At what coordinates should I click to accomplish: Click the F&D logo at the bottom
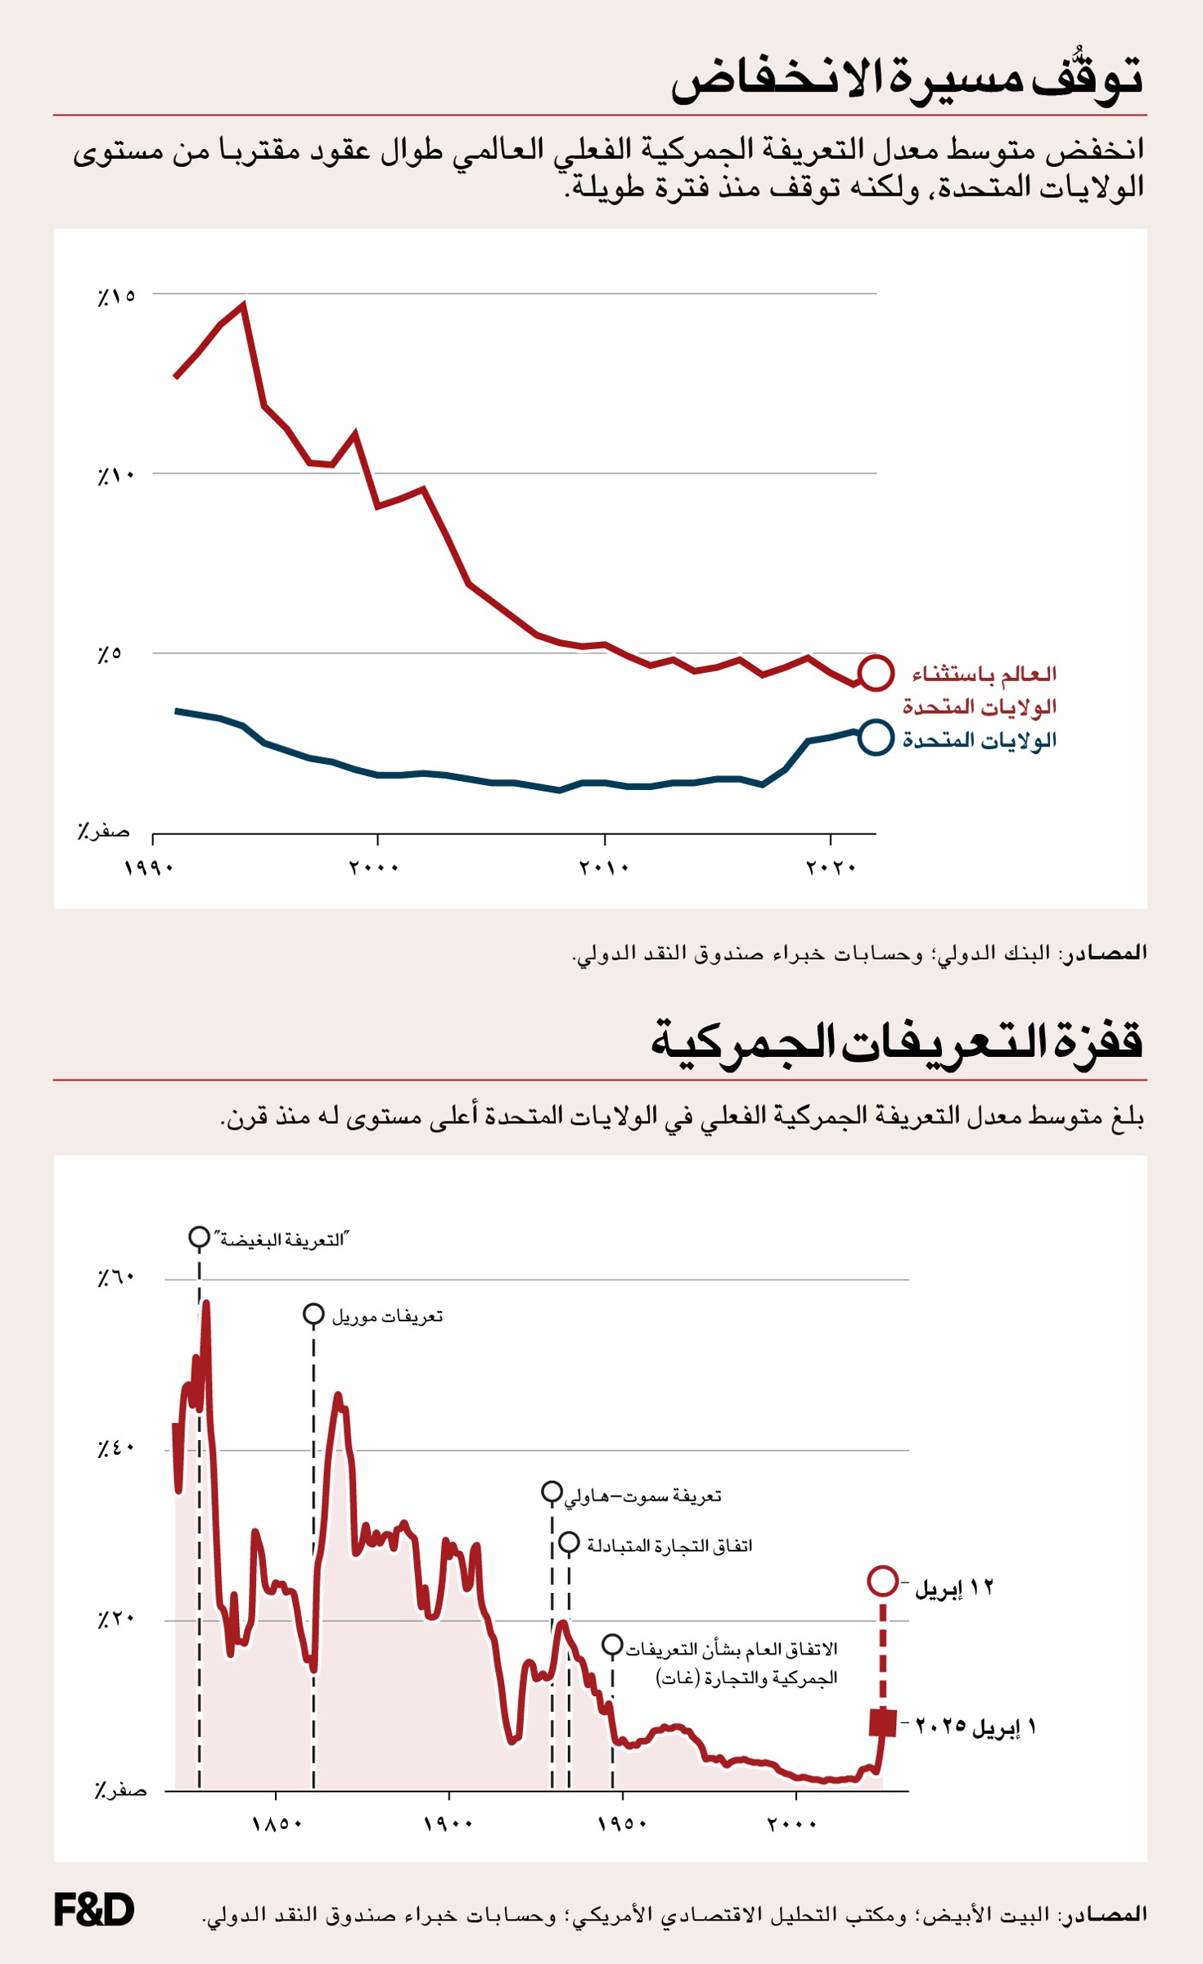pyautogui.click(x=93, y=1909)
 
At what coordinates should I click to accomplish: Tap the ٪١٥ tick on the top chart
pyautogui.click(x=116, y=296)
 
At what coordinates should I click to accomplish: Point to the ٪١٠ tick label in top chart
pyautogui.click(x=116, y=476)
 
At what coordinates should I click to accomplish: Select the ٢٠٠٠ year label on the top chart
pyautogui.click(x=374, y=867)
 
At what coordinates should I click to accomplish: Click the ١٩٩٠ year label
pyautogui.click(x=149, y=867)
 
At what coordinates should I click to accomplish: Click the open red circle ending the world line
pyautogui.click(x=875, y=673)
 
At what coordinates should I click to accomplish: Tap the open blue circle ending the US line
pyautogui.click(x=875, y=738)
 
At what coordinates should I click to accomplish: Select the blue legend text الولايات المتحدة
pyautogui.click(x=979, y=741)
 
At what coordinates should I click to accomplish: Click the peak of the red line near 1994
pyautogui.click(x=244, y=305)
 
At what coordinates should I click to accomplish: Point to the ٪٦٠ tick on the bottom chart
pyautogui.click(x=116, y=1278)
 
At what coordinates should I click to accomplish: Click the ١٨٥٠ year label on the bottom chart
pyautogui.click(x=277, y=1824)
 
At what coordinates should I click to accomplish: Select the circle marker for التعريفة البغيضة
pyautogui.click(x=199, y=1237)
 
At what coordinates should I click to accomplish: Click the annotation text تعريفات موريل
pyautogui.click(x=387, y=1316)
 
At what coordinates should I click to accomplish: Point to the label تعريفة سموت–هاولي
pyautogui.click(x=643, y=1496)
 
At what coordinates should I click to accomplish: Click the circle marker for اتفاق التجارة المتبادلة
pyautogui.click(x=569, y=1543)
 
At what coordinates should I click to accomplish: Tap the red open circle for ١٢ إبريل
pyautogui.click(x=882, y=1580)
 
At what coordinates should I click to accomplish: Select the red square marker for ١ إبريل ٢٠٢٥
pyautogui.click(x=882, y=1722)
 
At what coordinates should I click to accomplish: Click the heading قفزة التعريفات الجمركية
pyautogui.click(x=896, y=1042)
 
